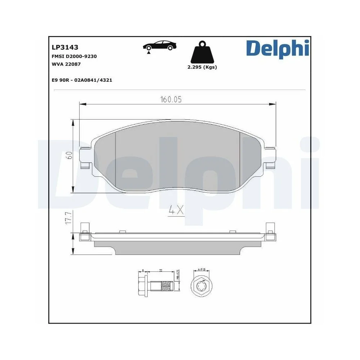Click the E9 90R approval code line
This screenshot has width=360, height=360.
pyautogui.click(x=82, y=80)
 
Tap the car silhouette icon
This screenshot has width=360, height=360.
pyautogui.click(x=160, y=46)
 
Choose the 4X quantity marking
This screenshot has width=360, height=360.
pyautogui.click(x=176, y=210)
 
